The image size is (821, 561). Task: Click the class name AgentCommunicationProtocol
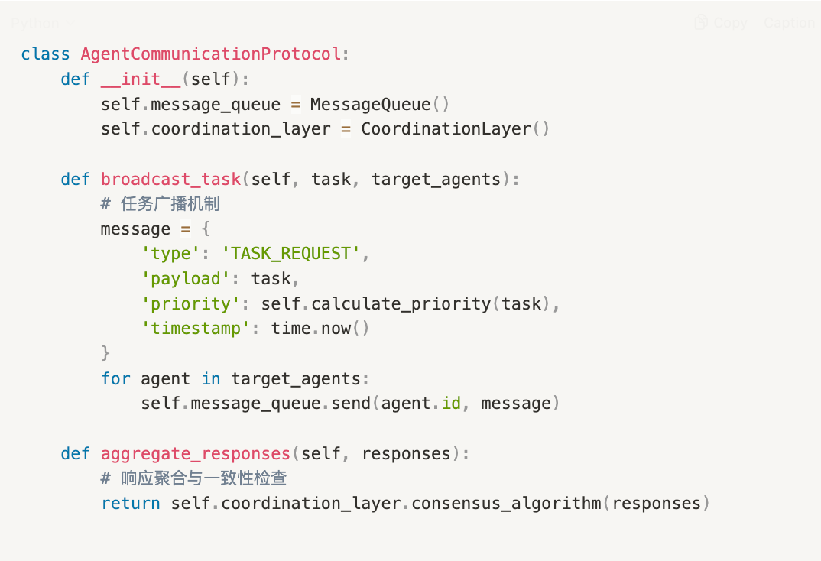pos(211,54)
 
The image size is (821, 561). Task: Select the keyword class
pos(46,54)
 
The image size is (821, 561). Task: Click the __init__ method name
pos(141,79)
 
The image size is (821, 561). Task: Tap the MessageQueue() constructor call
pos(380,104)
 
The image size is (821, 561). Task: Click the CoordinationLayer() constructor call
pos(455,129)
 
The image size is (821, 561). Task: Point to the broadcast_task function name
pos(171,180)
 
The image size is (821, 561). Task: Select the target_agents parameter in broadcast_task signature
pos(436,180)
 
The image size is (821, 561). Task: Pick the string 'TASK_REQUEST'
pos(291,254)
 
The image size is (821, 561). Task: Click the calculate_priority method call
pos(401,304)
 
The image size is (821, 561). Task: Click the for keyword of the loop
pos(116,379)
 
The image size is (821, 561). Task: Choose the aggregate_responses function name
pos(196,454)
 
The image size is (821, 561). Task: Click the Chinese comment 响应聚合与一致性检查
pos(203,479)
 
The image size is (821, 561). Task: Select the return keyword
pos(131,504)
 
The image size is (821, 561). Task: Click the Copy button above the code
pos(721,23)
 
